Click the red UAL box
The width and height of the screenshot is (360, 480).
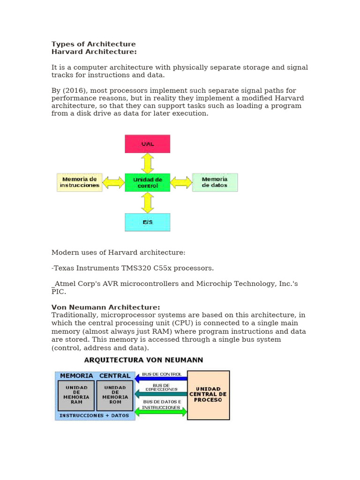[x=147, y=144]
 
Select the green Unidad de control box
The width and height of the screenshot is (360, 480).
[x=147, y=182]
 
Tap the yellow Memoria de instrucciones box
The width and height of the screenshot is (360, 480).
[x=80, y=182]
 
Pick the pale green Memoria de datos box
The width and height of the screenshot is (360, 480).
[x=215, y=182]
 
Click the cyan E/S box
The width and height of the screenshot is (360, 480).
[x=147, y=222]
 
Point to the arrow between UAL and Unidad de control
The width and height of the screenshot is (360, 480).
[x=147, y=163]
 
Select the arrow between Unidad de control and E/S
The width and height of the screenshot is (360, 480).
[x=147, y=202]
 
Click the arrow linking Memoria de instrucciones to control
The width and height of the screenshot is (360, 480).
[x=113, y=182]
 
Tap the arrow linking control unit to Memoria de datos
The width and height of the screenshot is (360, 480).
[x=181, y=182]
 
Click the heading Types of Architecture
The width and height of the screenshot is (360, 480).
[x=93, y=44]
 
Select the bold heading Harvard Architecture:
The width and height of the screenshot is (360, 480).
[x=94, y=52]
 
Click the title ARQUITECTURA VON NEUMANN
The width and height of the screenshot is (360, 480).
[x=143, y=360]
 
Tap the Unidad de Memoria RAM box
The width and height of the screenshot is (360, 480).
[x=76, y=395]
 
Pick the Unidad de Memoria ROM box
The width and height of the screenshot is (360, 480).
[x=115, y=395]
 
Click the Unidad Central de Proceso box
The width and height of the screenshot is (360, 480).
[x=208, y=395]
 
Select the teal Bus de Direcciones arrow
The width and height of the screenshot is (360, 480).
[x=161, y=394]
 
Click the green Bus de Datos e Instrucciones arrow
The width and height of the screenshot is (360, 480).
[x=161, y=411]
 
